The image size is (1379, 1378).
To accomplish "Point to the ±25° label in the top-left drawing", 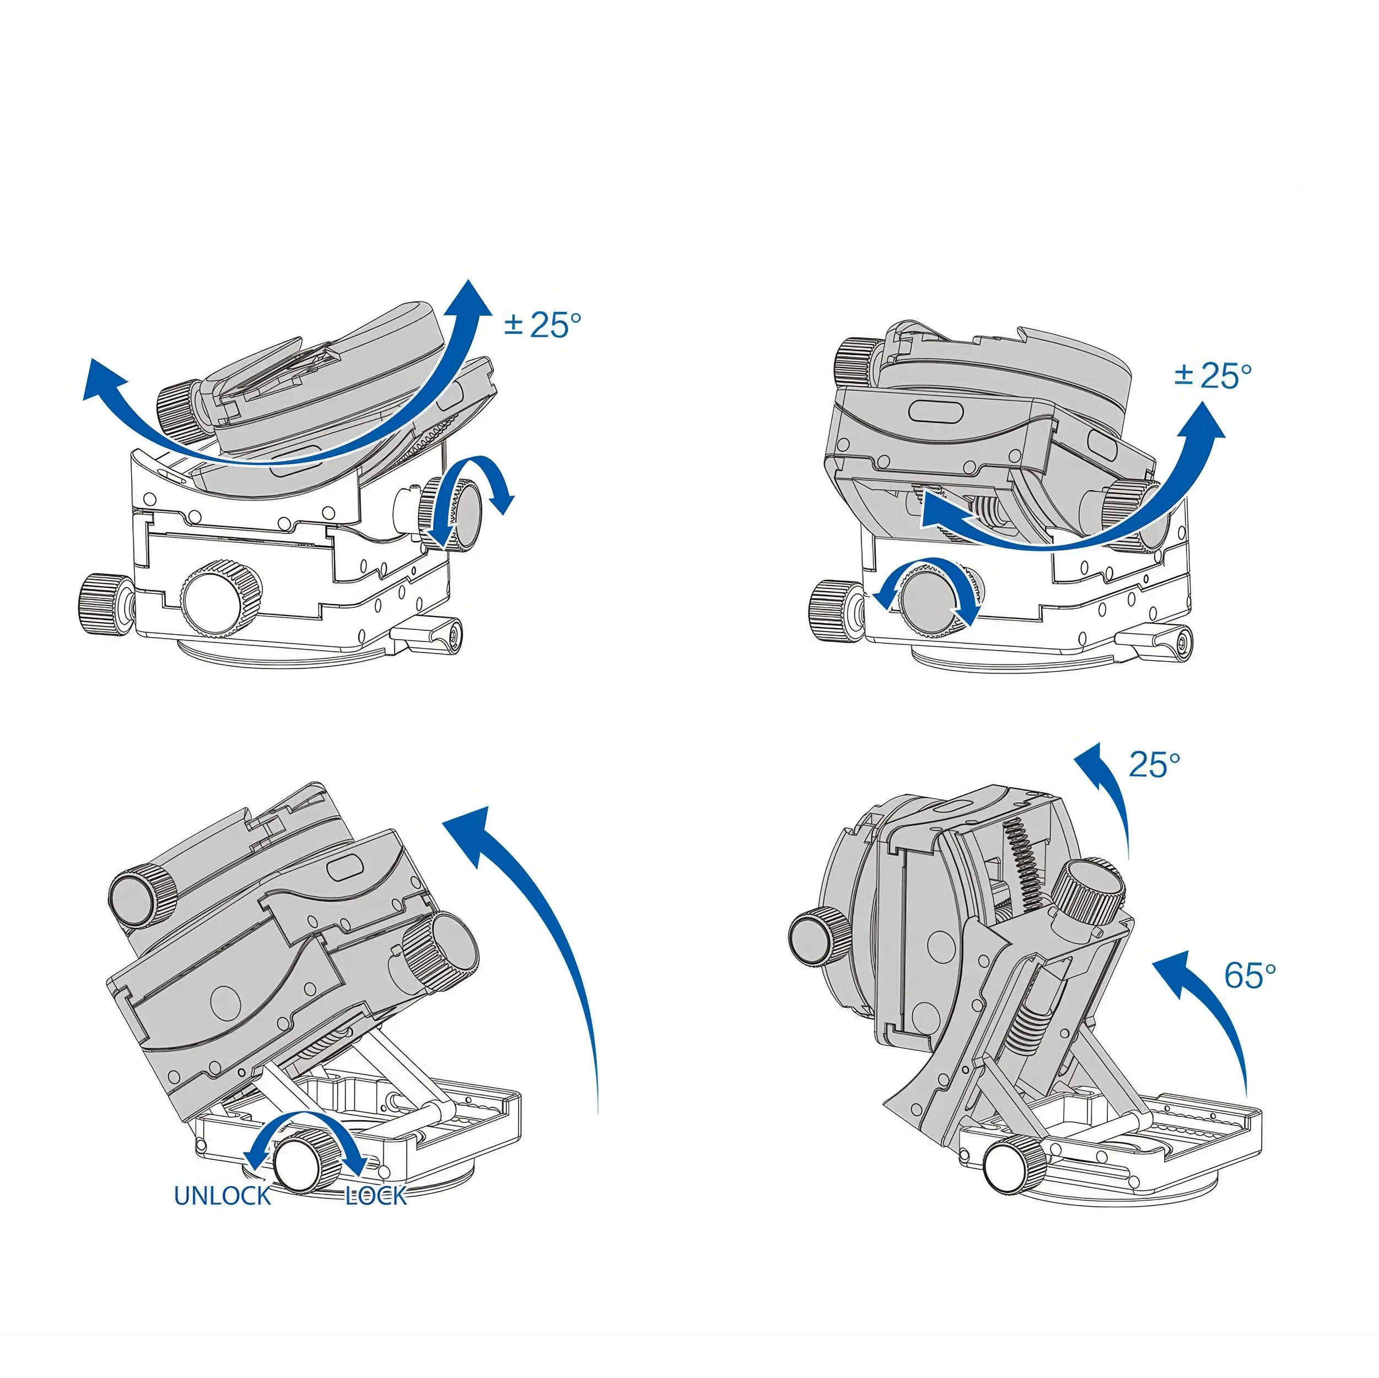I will coord(542,325).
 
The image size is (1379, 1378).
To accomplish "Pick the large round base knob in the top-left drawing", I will coord(220,599).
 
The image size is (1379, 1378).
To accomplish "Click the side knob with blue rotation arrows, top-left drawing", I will coord(453,514).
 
